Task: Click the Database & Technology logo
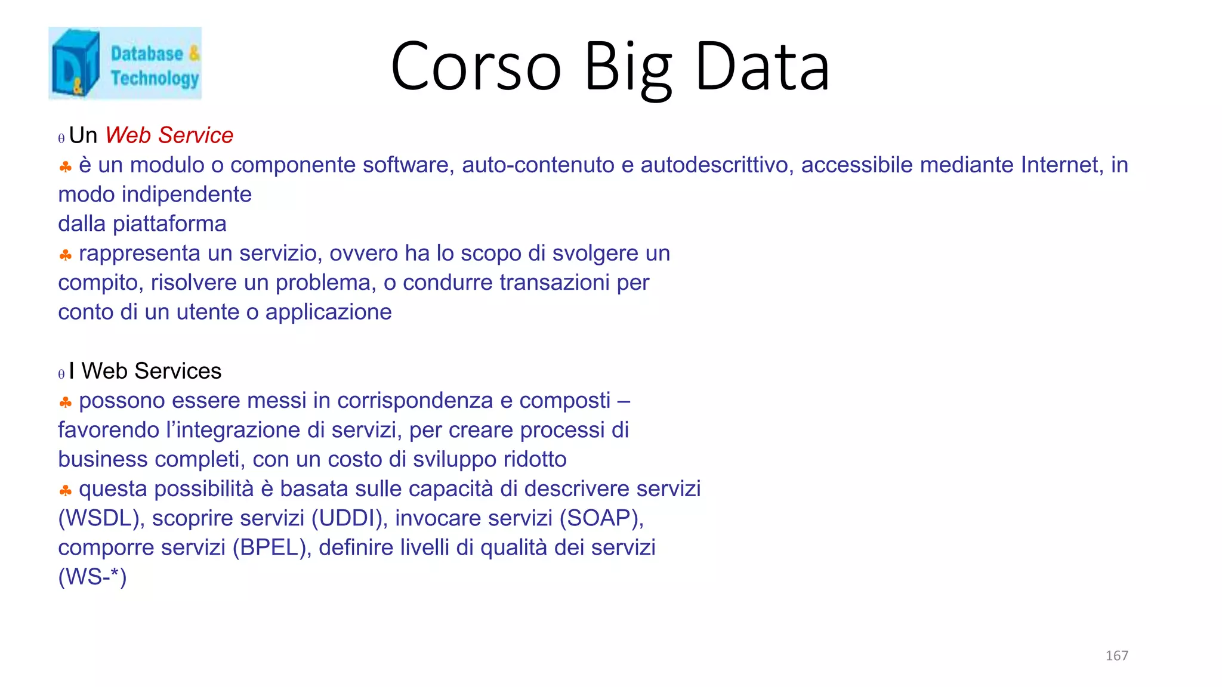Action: click(x=125, y=63)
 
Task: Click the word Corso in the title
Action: click(x=476, y=66)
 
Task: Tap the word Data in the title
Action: click(x=763, y=66)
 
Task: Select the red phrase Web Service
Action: click(x=169, y=135)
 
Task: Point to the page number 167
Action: click(x=1116, y=655)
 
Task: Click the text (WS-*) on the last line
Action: click(x=92, y=577)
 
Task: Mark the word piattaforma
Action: click(x=169, y=224)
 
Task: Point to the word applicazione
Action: click(x=328, y=312)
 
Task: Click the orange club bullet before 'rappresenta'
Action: click(x=66, y=256)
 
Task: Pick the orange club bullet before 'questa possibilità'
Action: click(x=66, y=491)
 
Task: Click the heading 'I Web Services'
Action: click(x=145, y=371)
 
